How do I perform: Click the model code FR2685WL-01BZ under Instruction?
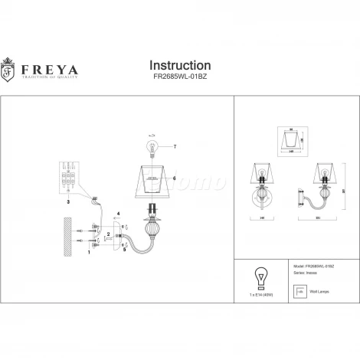coord(179,78)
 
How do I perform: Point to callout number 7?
coord(175,146)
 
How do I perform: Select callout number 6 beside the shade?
coord(175,178)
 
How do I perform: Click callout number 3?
coord(69,202)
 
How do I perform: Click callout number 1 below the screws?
coord(89,250)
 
